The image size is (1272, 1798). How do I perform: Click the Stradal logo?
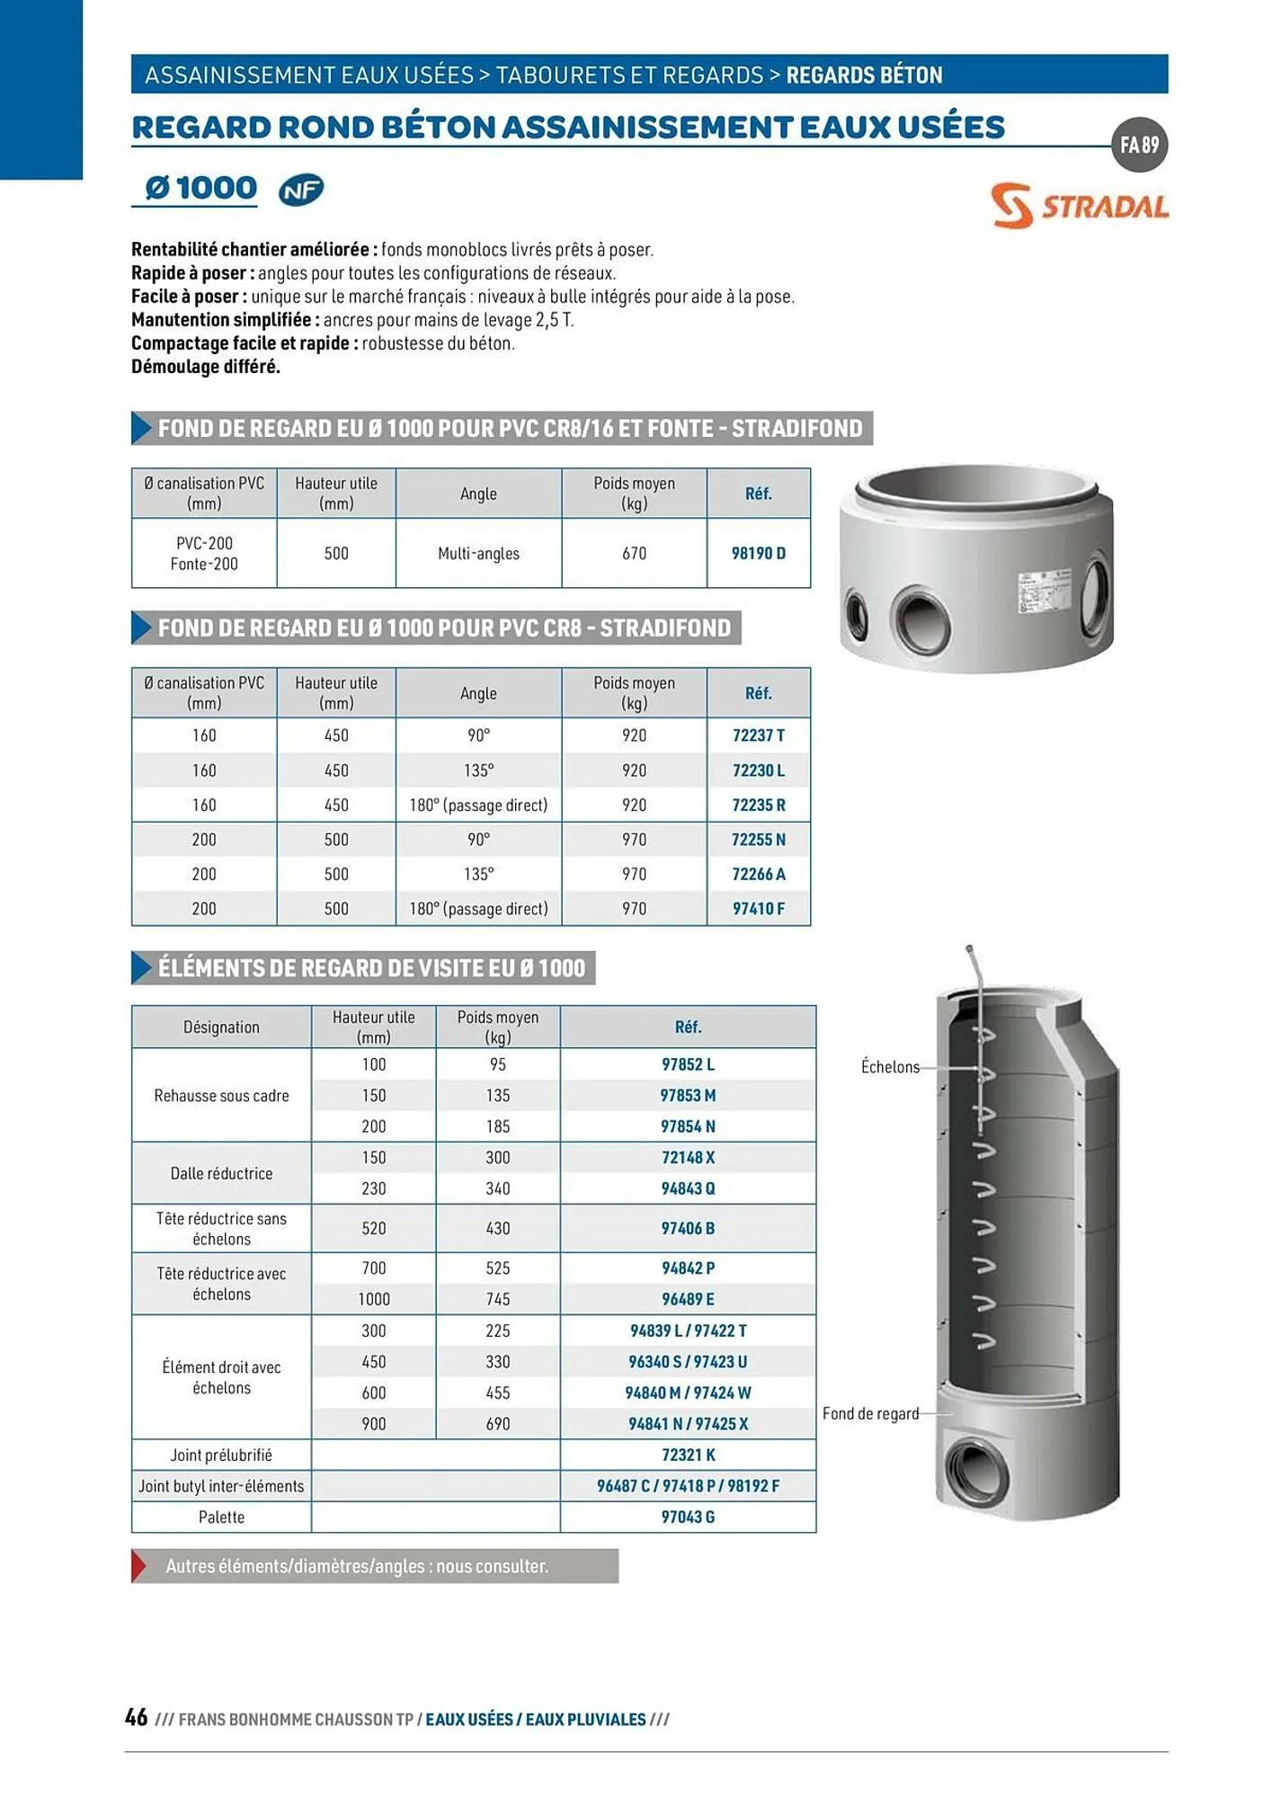click(x=1079, y=206)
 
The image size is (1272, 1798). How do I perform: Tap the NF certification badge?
click(x=300, y=190)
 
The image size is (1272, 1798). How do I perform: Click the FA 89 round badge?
click(x=1139, y=145)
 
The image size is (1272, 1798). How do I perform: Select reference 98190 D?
click(x=758, y=553)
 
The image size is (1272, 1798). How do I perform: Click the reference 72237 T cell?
click(x=758, y=735)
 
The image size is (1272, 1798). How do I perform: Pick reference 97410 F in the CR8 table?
click(x=758, y=909)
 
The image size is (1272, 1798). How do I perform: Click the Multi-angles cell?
click(x=478, y=554)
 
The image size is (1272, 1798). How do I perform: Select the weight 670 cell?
click(x=634, y=554)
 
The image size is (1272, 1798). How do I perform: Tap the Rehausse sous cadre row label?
click(x=221, y=1096)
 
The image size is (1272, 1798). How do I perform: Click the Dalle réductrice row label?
click(x=221, y=1173)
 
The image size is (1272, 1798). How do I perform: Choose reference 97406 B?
click(x=688, y=1228)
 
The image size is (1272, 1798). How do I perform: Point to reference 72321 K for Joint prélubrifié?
click(x=688, y=1455)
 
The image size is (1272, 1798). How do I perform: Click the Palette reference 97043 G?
click(x=688, y=1517)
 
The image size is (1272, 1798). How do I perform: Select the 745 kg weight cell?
click(x=497, y=1299)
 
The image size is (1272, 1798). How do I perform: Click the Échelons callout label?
click(x=890, y=1067)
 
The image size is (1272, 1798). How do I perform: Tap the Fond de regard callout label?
click(x=870, y=1413)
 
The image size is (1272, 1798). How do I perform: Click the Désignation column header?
click(x=221, y=1027)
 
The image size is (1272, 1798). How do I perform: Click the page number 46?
click(x=137, y=1717)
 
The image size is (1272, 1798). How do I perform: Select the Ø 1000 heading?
click(x=200, y=188)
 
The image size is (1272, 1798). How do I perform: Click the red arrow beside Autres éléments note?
click(x=139, y=1566)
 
